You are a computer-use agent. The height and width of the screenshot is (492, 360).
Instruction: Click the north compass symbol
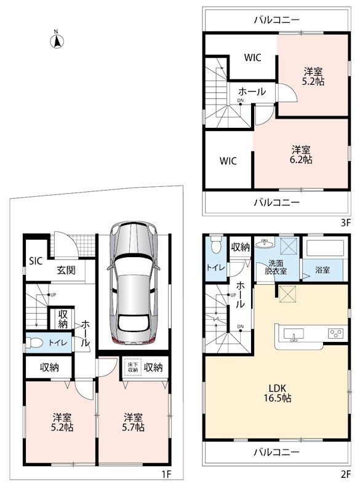[x=57, y=41]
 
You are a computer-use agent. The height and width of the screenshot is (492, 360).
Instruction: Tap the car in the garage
[x=134, y=282]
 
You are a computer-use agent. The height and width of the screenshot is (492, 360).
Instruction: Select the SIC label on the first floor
[x=36, y=261]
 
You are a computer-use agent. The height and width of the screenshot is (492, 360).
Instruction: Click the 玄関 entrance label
[x=66, y=270]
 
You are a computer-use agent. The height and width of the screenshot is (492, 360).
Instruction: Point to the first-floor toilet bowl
[x=34, y=343]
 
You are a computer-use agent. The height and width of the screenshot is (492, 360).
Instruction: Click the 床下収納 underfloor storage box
[x=133, y=367]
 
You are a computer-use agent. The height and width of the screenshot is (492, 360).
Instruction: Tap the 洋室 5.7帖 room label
[x=133, y=423]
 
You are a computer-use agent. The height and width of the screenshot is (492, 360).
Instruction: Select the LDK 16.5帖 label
[x=278, y=393]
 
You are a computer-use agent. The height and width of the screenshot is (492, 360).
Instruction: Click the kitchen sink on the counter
[x=294, y=334]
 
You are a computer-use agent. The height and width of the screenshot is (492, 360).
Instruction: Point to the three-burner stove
[x=335, y=333]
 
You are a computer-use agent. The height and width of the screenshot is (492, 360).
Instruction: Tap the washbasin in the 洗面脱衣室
[x=265, y=243]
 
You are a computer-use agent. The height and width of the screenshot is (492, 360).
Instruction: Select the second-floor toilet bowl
[x=216, y=244]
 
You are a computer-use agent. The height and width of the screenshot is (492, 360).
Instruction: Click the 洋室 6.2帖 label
[x=301, y=155]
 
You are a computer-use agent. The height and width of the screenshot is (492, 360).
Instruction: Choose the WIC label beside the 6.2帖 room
[x=228, y=161]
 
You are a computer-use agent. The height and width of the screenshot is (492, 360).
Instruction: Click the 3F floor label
[x=346, y=223]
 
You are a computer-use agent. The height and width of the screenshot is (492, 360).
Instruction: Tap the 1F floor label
[x=166, y=474]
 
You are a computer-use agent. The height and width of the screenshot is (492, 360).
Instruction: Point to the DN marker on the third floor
[x=241, y=100]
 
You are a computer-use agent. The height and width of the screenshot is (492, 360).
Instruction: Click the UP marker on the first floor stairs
[x=53, y=295]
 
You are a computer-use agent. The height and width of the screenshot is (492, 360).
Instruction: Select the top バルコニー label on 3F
[x=277, y=20]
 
